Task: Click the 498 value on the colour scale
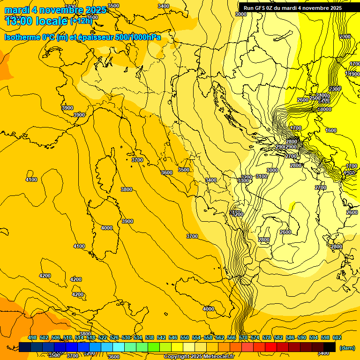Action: pos(32,337)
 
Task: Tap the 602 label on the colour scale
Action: pos(337,337)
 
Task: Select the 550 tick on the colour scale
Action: pos(185,337)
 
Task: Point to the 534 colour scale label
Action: pos(138,337)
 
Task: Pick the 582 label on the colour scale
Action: pos(278,337)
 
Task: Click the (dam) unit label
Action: pos(347,348)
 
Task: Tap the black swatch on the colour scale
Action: pos(330,347)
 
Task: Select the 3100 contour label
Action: pos(262,176)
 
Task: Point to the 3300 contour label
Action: pos(243,180)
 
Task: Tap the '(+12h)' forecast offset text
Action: pos(81,21)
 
